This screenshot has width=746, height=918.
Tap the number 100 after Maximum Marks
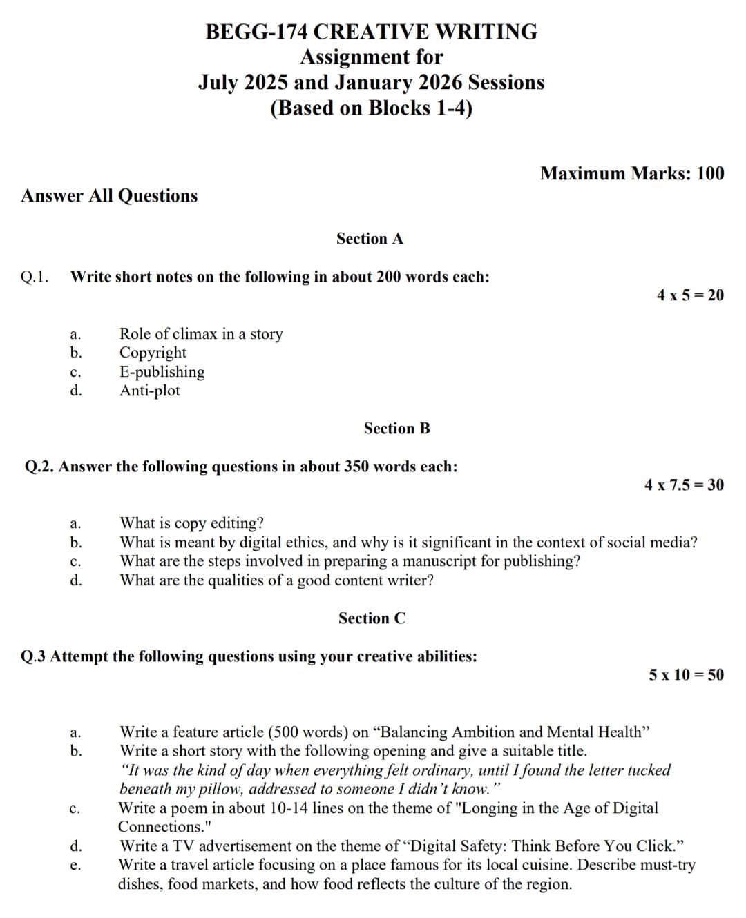(x=710, y=173)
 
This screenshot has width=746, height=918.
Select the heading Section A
(x=370, y=239)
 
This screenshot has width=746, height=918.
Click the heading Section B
(x=396, y=429)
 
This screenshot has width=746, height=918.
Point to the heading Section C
(x=372, y=618)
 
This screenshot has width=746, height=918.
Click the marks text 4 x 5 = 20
(x=690, y=295)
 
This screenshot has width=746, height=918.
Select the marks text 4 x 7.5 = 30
(x=684, y=485)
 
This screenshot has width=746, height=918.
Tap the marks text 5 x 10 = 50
(x=686, y=675)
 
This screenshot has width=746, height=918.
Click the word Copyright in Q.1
(x=153, y=353)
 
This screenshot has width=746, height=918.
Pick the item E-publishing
(x=162, y=372)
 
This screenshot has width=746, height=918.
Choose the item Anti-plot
(x=149, y=391)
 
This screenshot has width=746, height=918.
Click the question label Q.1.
(x=35, y=277)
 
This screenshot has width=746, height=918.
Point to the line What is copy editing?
(x=191, y=523)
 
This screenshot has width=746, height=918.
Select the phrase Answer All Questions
(x=109, y=196)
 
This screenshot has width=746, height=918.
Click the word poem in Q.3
(x=189, y=808)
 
